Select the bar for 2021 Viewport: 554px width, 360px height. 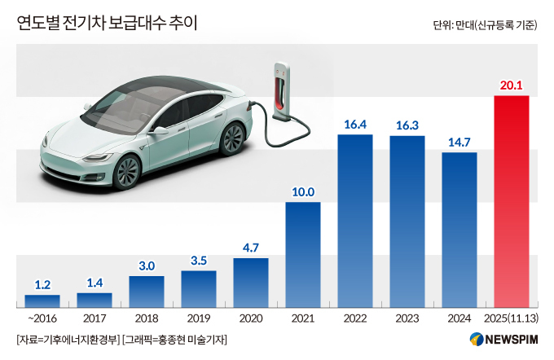[303, 254]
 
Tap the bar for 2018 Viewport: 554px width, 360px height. [147, 291]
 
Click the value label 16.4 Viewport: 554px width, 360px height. [355, 125]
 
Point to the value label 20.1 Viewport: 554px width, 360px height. [512, 86]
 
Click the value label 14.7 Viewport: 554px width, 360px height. [459, 143]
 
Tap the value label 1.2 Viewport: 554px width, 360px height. [42, 285]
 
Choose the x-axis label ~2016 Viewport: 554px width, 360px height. [42, 318]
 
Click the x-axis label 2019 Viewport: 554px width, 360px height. [199, 318]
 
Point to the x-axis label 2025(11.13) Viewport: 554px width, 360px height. [512, 318]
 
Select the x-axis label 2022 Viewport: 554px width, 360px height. [355, 318]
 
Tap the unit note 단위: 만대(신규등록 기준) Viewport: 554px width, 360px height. [485, 24]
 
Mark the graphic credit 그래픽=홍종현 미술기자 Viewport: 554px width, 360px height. [176, 339]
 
